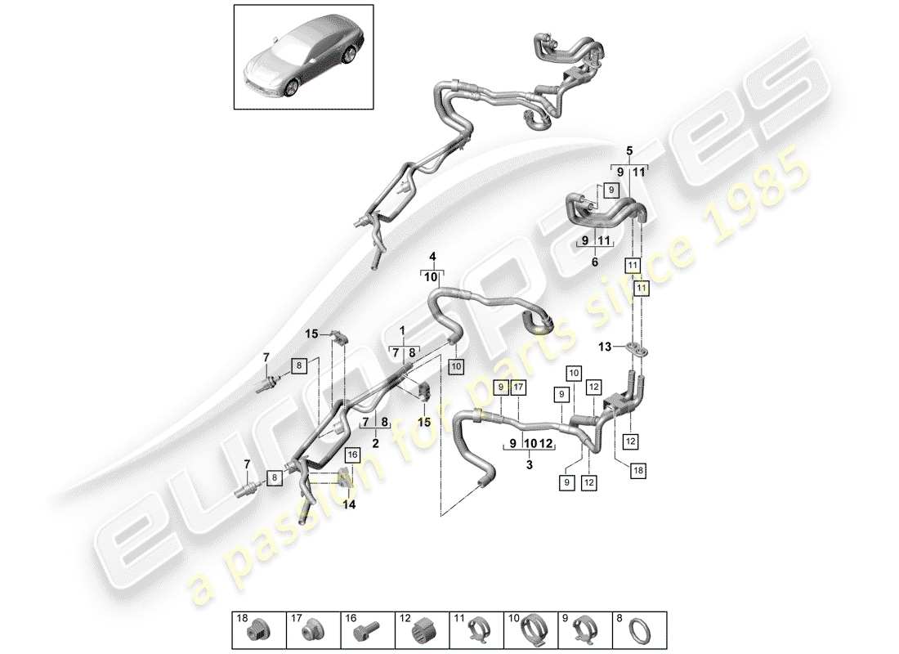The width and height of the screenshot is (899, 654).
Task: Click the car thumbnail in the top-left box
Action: [304, 58]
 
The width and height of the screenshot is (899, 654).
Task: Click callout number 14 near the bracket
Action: [350, 505]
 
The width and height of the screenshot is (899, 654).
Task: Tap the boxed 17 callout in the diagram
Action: [518, 387]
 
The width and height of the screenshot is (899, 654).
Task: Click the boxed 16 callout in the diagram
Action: [352, 453]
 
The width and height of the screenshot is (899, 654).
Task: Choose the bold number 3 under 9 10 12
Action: [529, 464]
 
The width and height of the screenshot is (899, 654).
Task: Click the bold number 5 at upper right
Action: [629, 150]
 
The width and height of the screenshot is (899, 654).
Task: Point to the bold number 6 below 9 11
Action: [594, 262]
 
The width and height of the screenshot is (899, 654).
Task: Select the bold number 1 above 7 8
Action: [402, 331]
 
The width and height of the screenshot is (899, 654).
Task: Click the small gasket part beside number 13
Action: [639, 351]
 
